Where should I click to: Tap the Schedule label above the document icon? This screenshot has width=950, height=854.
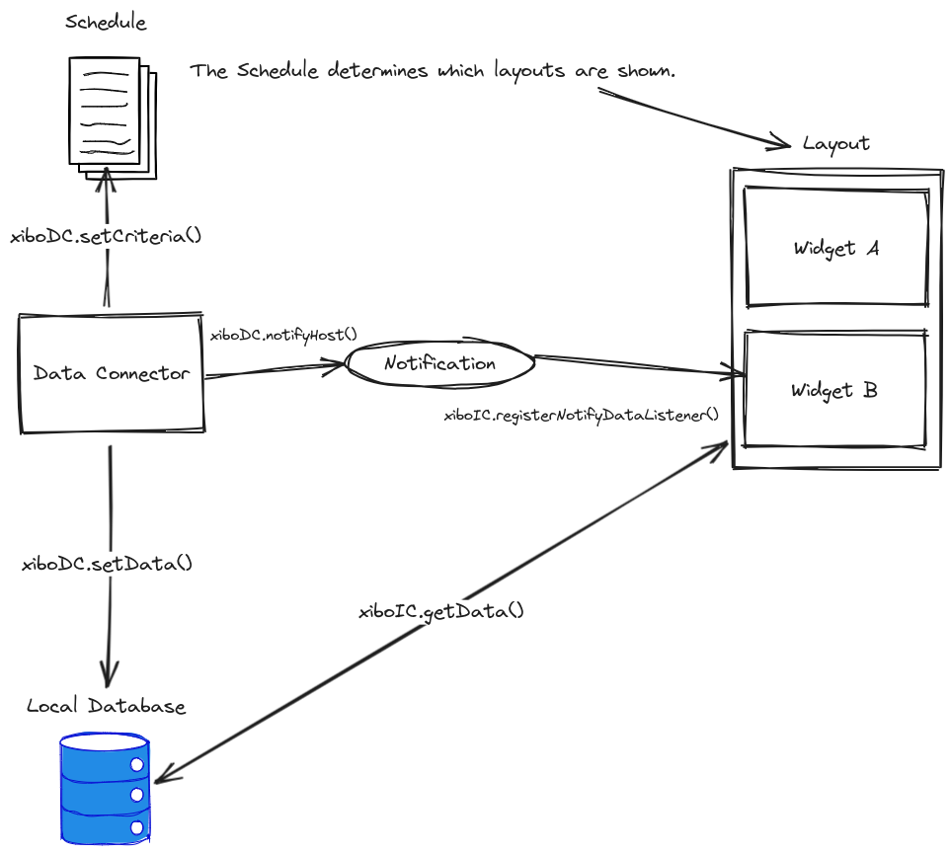[x=106, y=23]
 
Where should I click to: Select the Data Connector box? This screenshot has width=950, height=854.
[x=112, y=373]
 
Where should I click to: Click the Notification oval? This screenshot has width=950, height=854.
[x=439, y=363]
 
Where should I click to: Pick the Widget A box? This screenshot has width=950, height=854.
[x=835, y=249]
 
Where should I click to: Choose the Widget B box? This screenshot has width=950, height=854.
[x=834, y=391]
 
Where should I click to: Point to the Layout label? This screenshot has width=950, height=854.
[x=835, y=143]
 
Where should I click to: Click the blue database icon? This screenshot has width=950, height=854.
[x=105, y=788]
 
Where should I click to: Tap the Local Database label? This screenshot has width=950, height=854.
[x=106, y=707]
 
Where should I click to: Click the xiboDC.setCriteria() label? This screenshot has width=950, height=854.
[x=106, y=236]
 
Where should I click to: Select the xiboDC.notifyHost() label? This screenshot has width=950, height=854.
[x=283, y=335]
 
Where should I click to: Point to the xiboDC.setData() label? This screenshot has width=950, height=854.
[x=107, y=565]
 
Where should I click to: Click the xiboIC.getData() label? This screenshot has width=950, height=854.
[x=440, y=611]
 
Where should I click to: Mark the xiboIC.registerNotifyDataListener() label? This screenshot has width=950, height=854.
[x=582, y=416]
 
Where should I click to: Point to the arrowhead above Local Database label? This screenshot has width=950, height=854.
[x=108, y=675]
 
